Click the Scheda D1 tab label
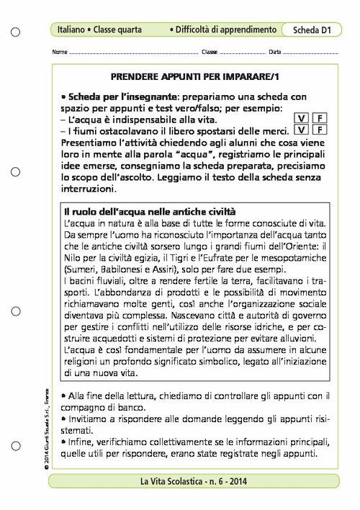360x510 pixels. tap(311, 30)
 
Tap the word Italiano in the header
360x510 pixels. tap(71, 30)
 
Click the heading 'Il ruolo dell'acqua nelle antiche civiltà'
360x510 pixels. tap(149, 212)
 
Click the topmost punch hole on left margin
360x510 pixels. tap(16, 32)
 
